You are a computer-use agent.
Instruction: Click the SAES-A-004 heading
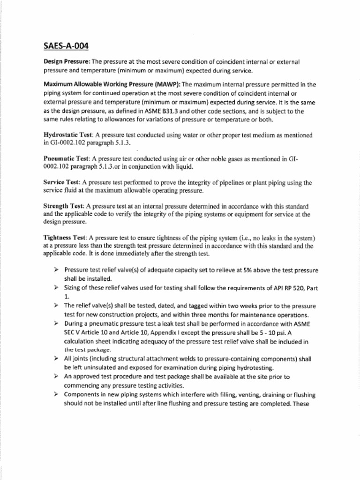66,46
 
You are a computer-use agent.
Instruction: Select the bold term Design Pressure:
67,62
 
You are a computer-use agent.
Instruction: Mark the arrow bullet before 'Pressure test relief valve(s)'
56,270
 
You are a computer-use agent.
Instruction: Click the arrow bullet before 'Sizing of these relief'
56,287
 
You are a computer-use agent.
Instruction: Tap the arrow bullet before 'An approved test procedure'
56,376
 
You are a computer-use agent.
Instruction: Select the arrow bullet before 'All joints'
56,359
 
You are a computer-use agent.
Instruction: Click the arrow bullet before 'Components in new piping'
56,394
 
